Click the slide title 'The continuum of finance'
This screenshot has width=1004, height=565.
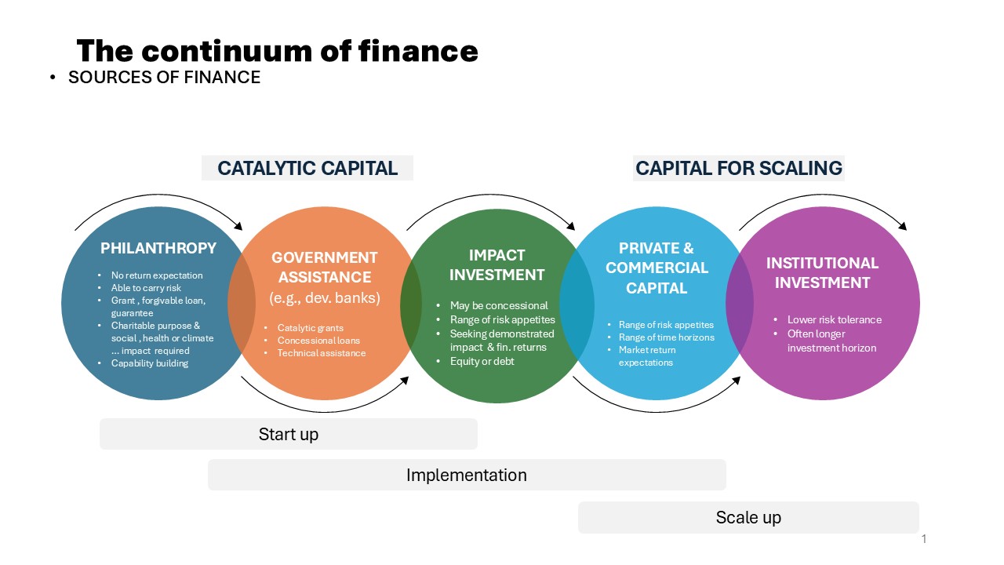click(x=277, y=51)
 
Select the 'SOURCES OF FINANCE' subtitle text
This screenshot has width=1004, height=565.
click(x=164, y=77)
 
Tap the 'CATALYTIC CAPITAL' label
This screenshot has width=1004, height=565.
click(x=307, y=168)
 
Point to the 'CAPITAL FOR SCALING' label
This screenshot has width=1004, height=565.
click(x=739, y=168)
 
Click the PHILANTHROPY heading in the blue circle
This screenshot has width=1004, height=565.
click(x=158, y=248)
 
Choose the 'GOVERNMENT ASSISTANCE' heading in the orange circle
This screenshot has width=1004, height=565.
click(x=325, y=268)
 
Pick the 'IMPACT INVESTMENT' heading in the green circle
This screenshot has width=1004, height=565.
click(x=497, y=264)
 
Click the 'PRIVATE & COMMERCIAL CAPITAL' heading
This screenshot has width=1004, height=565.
click(x=657, y=268)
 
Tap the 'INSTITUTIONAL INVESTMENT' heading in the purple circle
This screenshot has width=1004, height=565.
click(x=822, y=272)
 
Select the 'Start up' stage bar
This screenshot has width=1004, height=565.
click(x=289, y=434)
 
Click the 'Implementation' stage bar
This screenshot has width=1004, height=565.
click(x=467, y=475)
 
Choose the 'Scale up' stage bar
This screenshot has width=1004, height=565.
click(x=748, y=517)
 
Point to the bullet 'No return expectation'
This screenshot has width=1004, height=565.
click(x=157, y=275)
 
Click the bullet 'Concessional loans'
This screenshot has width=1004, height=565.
click(x=318, y=341)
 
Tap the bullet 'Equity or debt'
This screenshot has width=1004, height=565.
click(x=482, y=362)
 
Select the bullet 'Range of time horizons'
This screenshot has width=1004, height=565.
click(x=667, y=337)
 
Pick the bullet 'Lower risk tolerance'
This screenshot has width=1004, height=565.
click(x=835, y=319)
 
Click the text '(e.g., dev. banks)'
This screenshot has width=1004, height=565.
click(x=325, y=297)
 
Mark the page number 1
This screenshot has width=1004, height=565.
click(x=924, y=538)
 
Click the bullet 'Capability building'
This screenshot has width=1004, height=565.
click(x=150, y=363)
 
